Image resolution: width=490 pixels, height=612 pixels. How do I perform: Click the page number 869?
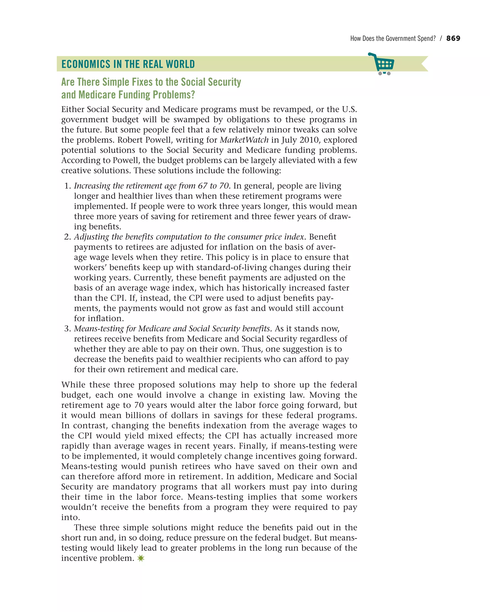[x=453, y=38]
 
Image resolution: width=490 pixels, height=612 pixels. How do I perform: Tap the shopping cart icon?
[x=383, y=64]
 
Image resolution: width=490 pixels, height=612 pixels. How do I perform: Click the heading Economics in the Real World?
[x=128, y=64]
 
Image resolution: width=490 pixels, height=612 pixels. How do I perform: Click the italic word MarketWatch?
[x=244, y=140]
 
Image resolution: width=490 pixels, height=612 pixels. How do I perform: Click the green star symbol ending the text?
[x=141, y=558]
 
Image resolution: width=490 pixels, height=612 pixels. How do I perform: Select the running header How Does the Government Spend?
[x=393, y=38]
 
